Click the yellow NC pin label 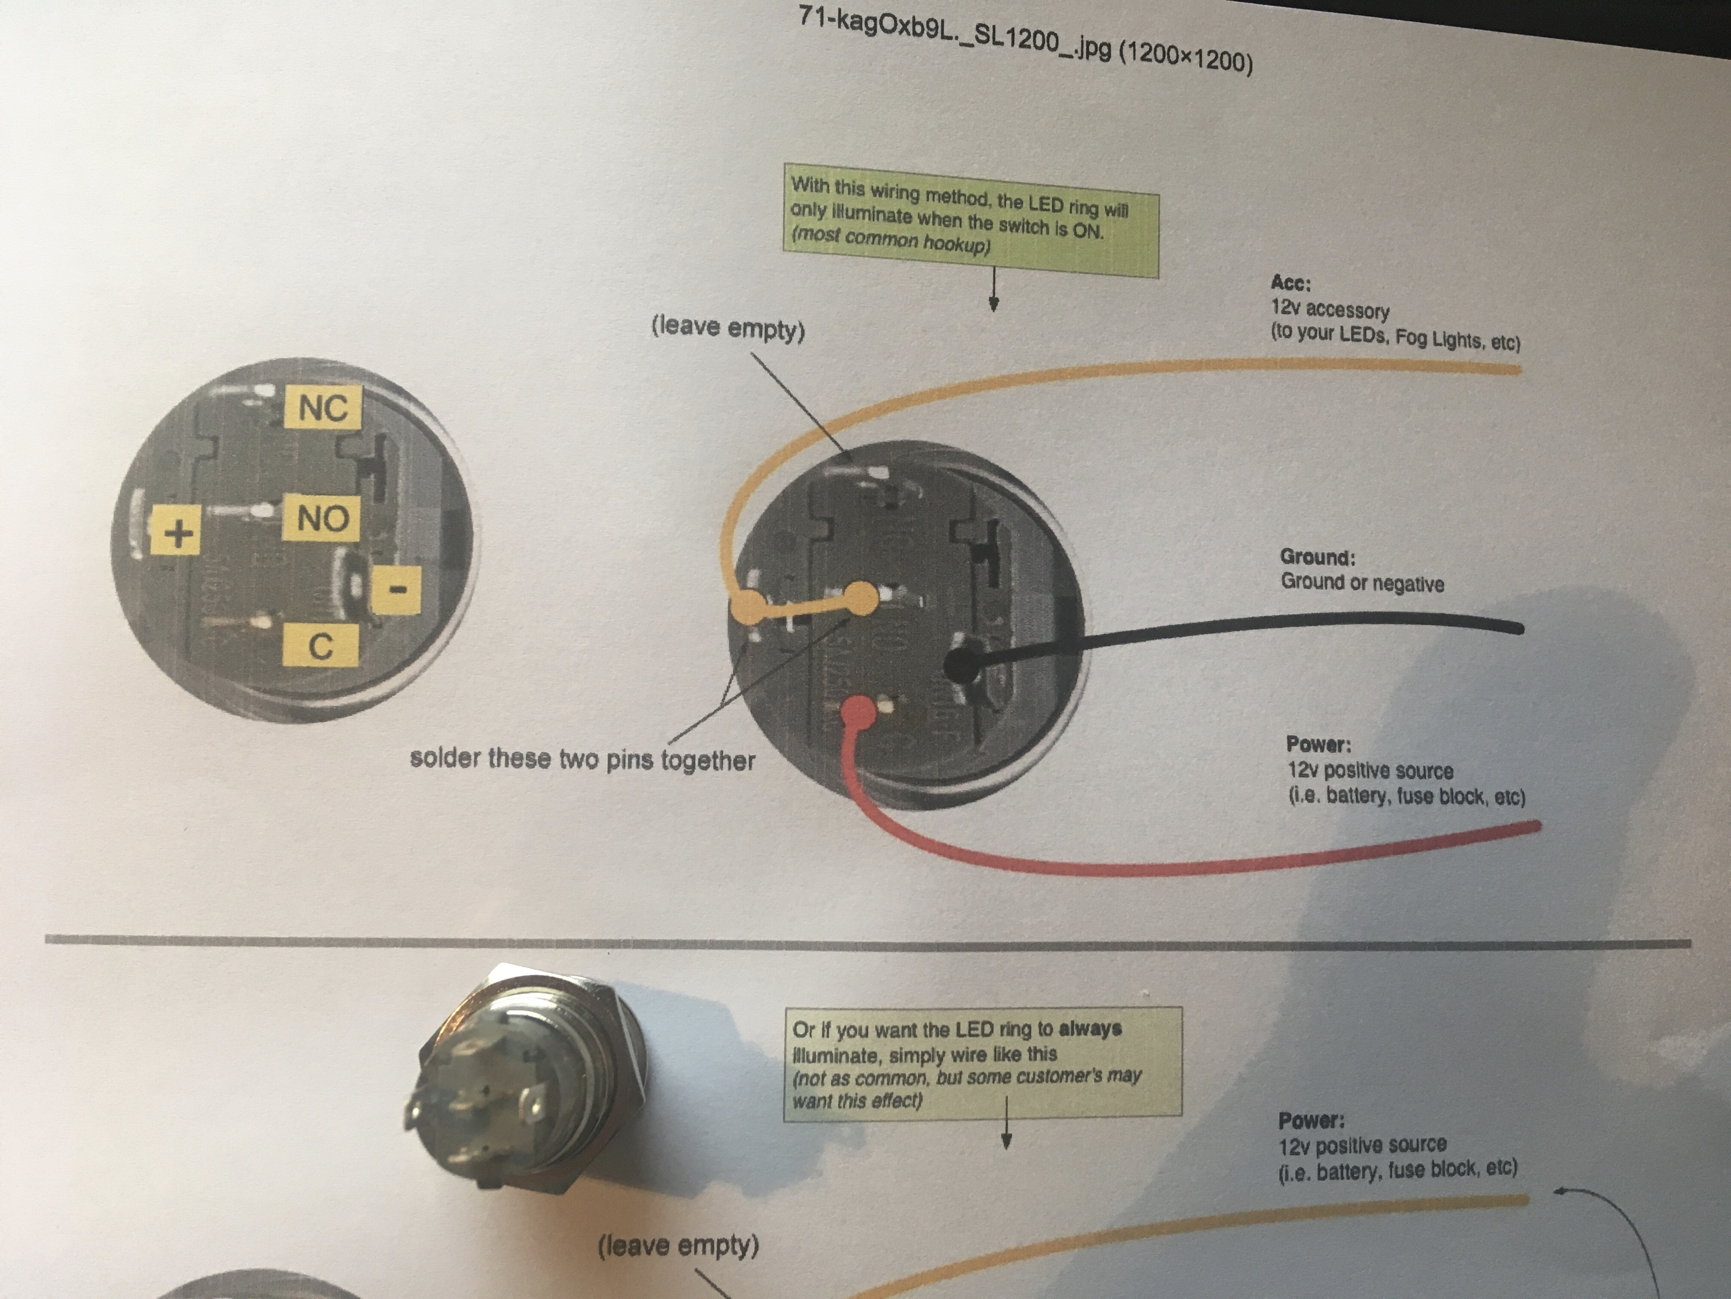tap(322, 406)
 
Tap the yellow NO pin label tap(321, 518)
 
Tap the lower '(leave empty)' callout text tap(678, 1245)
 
